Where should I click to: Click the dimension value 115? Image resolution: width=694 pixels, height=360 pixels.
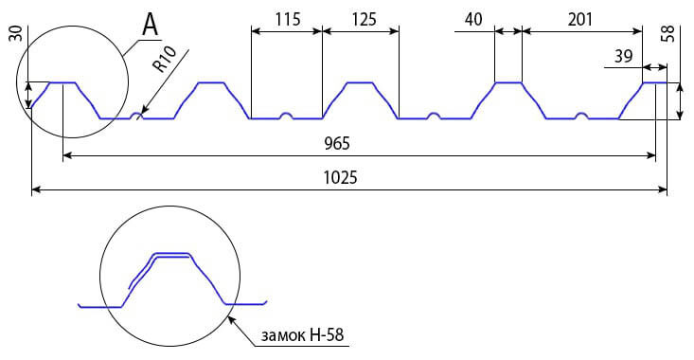[x=288, y=20]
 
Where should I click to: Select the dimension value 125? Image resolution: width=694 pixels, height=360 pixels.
[x=365, y=20]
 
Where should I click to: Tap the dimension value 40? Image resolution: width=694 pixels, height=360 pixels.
[x=473, y=20]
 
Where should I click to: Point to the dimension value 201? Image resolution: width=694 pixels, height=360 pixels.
[x=579, y=20]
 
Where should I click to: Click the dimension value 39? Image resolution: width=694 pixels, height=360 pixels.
[x=623, y=56]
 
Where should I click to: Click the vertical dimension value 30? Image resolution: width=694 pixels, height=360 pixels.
[x=16, y=33]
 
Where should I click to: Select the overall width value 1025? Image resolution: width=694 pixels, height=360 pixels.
[x=340, y=177]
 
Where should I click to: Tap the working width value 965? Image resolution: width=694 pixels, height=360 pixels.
[x=337, y=143]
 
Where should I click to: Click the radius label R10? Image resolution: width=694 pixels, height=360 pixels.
[x=165, y=59]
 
